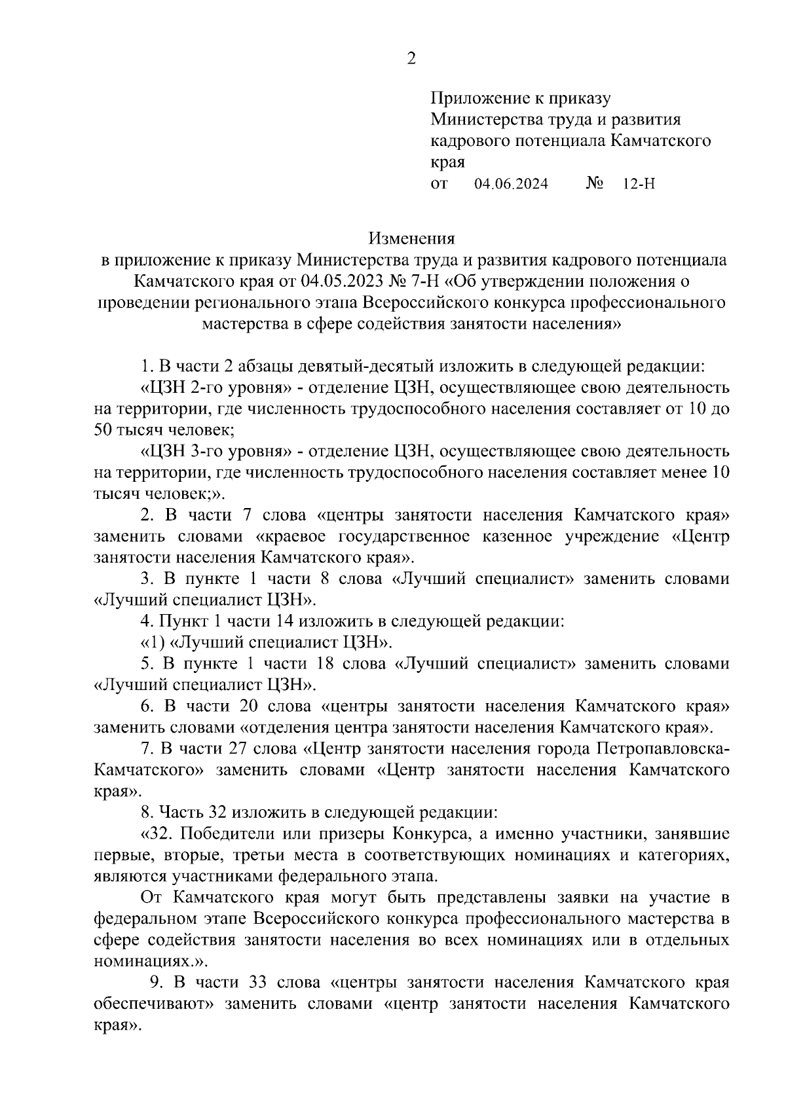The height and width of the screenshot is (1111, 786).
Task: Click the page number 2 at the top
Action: click(x=411, y=59)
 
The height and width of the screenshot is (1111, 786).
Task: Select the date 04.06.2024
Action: click(x=511, y=184)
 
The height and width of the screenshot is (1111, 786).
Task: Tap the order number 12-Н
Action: click(x=639, y=184)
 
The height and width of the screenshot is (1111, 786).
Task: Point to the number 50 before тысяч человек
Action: click(x=103, y=431)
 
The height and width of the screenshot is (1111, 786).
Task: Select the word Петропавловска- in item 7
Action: click(x=661, y=748)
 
